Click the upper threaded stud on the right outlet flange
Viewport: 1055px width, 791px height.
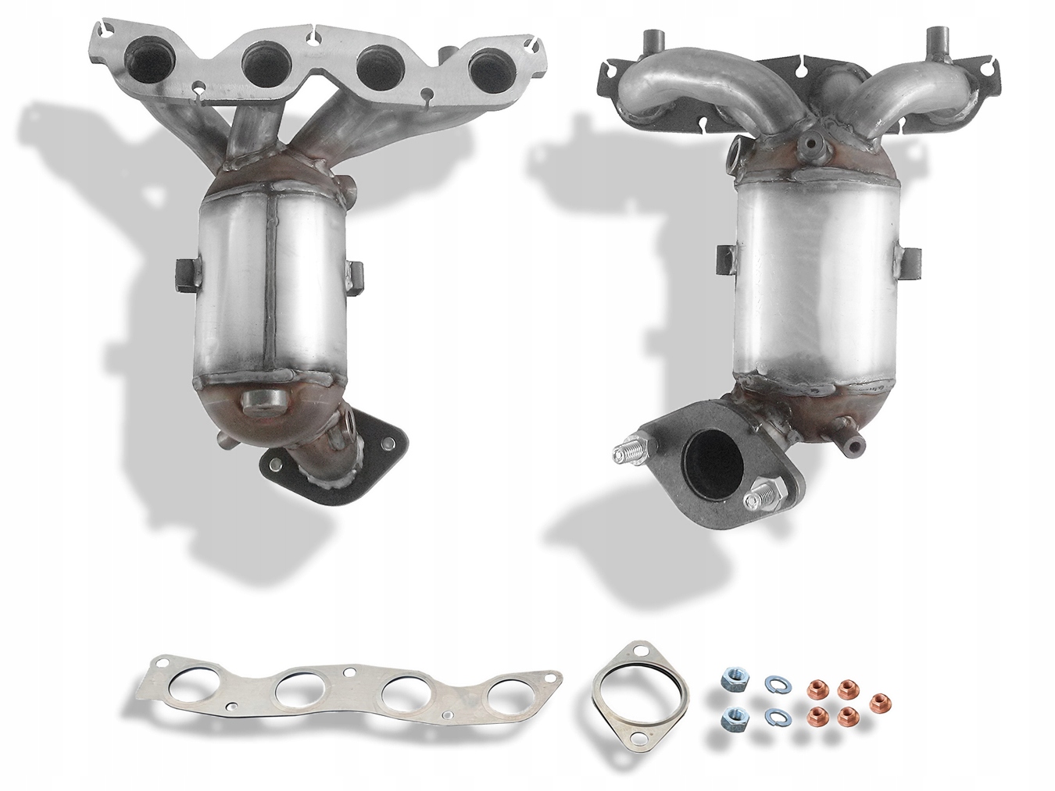tap(627, 451)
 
